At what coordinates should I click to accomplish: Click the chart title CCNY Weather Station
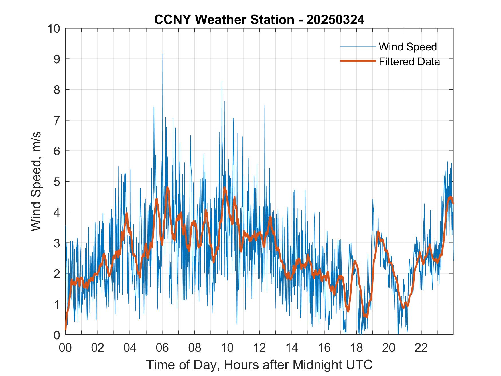(x=224, y=20)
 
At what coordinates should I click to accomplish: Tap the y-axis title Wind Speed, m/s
(x=36, y=181)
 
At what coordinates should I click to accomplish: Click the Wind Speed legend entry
(x=408, y=47)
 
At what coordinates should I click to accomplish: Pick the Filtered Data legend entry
(x=409, y=62)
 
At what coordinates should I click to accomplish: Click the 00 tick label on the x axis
(x=65, y=348)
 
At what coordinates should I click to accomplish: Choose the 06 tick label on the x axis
(x=162, y=348)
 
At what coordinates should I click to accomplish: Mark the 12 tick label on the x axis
(x=259, y=348)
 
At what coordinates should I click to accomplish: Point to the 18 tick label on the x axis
(x=356, y=348)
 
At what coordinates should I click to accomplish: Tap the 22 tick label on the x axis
(x=421, y=348)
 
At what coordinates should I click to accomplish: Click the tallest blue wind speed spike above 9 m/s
(x=163, y=54)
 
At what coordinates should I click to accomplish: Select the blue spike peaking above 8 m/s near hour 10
(x=222, y=82)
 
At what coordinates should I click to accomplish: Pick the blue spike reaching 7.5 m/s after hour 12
(x=265, y=106)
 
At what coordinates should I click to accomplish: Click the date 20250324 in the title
(x=335, y=20)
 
